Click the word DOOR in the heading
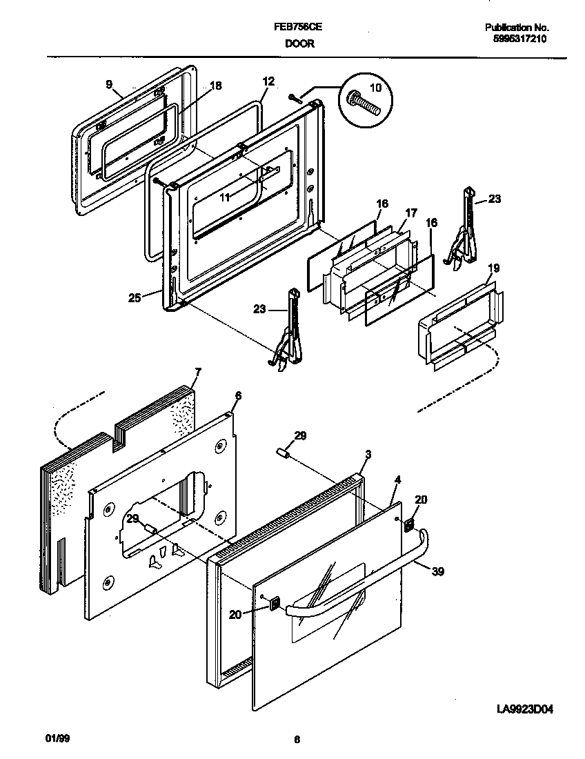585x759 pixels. pos(299,43)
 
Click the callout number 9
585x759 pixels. pos(109,84)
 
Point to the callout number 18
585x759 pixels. pos(215,86)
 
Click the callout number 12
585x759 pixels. pos(268,81)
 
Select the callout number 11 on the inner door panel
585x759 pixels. pos(225,197)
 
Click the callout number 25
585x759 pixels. pos(135,297)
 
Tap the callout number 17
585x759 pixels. pos(410,213)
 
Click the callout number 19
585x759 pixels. pos(494,268)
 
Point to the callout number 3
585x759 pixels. pos(368,454)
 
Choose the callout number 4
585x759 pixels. pos(397,479)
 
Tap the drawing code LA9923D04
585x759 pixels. pos(525,709)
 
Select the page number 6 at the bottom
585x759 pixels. pos(297,740)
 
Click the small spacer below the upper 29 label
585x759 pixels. pos(281,452)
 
